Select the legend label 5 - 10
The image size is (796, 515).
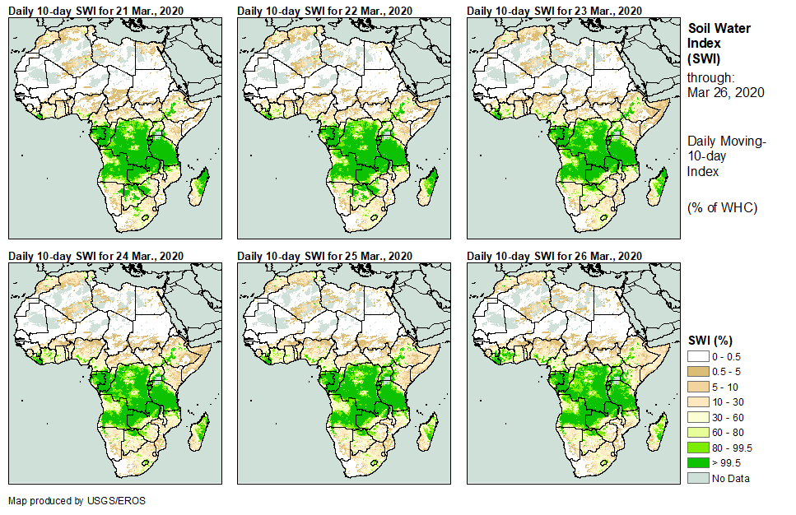click(x=725, y=387)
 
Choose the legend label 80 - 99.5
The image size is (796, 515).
click(x=731, y=448)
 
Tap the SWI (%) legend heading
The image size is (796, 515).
click(x=710, y=340)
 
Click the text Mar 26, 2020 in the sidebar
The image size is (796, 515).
click(x=725, y=92)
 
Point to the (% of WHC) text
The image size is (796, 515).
click(x=722, y=207)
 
